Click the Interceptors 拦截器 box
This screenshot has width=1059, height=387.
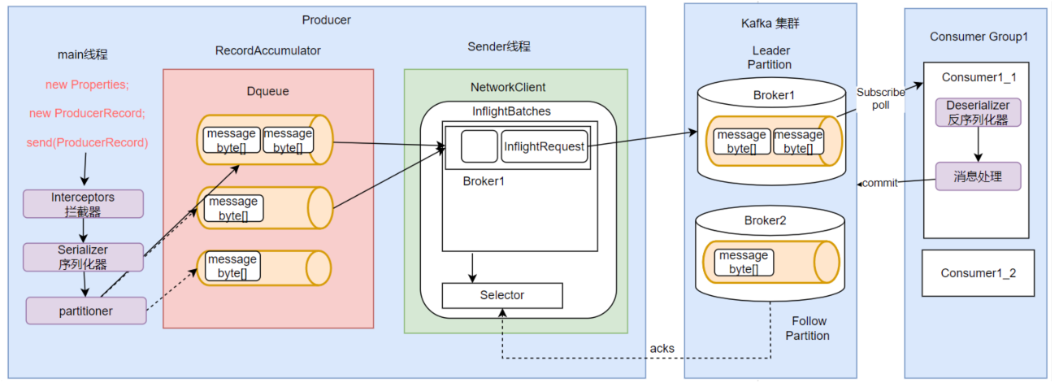[x=83, y=204]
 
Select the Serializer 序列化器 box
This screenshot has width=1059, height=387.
[x=83, y=257]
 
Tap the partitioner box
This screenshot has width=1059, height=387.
[x=86, y=311]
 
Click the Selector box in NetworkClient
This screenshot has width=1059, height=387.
[x=502, y=295]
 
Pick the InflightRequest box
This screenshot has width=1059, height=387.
[x=544, y=146]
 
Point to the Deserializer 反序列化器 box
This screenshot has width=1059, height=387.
[x=978, y=113]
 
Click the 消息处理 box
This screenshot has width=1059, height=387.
[x=978, y=176]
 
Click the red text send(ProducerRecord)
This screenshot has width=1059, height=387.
[x=87, y=142]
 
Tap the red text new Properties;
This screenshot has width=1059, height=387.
[x=87, y=85]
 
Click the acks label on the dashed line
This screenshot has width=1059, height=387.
[x=662, y=349]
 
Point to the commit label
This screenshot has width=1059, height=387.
[x=880, y=183]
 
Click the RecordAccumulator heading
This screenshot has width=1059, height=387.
[x=268, y=50]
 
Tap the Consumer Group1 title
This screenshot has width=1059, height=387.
[x=979, y=37]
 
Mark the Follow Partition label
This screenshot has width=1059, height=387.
[x=810, y=328]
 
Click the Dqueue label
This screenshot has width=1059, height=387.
[x=268, y=91]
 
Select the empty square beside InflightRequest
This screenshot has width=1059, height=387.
[x=479, y=146]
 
